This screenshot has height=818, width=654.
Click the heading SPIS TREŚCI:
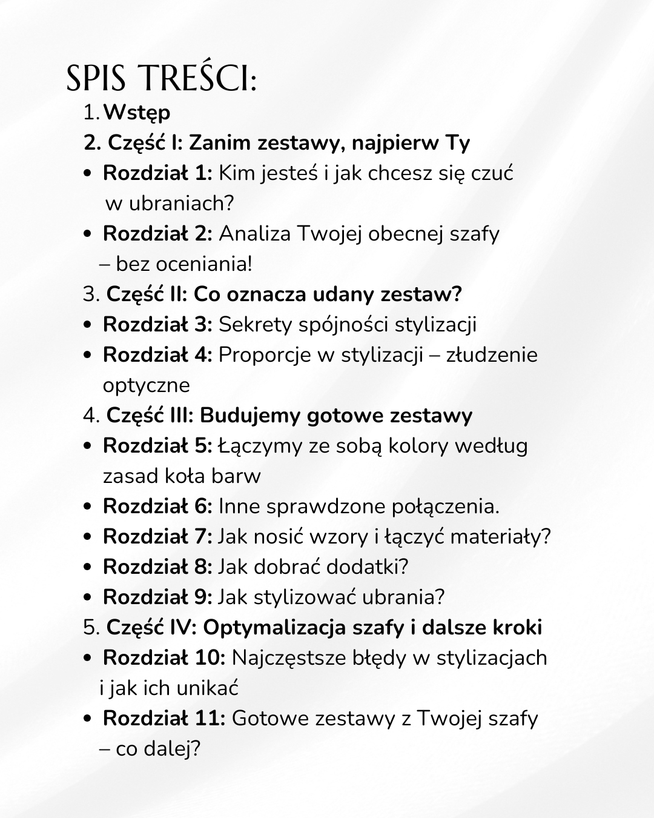point(161,79)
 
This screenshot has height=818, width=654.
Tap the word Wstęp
point(137,113)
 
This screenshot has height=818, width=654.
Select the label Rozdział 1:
point(157,173)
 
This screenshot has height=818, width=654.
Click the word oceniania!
point(204,264)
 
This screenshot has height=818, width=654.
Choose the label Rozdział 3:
point(157,325)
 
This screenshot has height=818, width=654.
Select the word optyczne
point(146,386)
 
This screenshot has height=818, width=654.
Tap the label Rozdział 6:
point(157,507)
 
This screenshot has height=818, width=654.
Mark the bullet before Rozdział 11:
point(88,719)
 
